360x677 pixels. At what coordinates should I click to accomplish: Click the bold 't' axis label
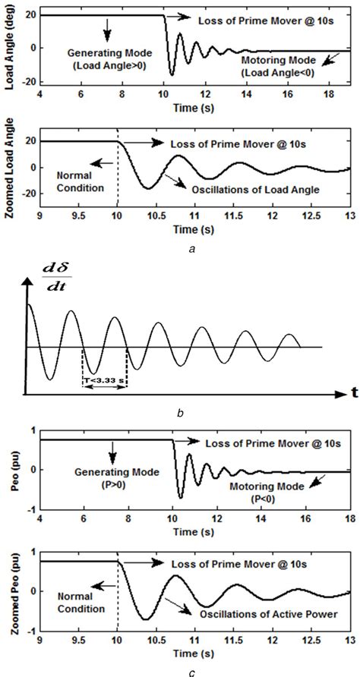[x=353, y=393]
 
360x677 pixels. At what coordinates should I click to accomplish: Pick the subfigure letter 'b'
[x=180, y=414]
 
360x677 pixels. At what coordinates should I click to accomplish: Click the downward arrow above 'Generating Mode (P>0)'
[x=112, y=455]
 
